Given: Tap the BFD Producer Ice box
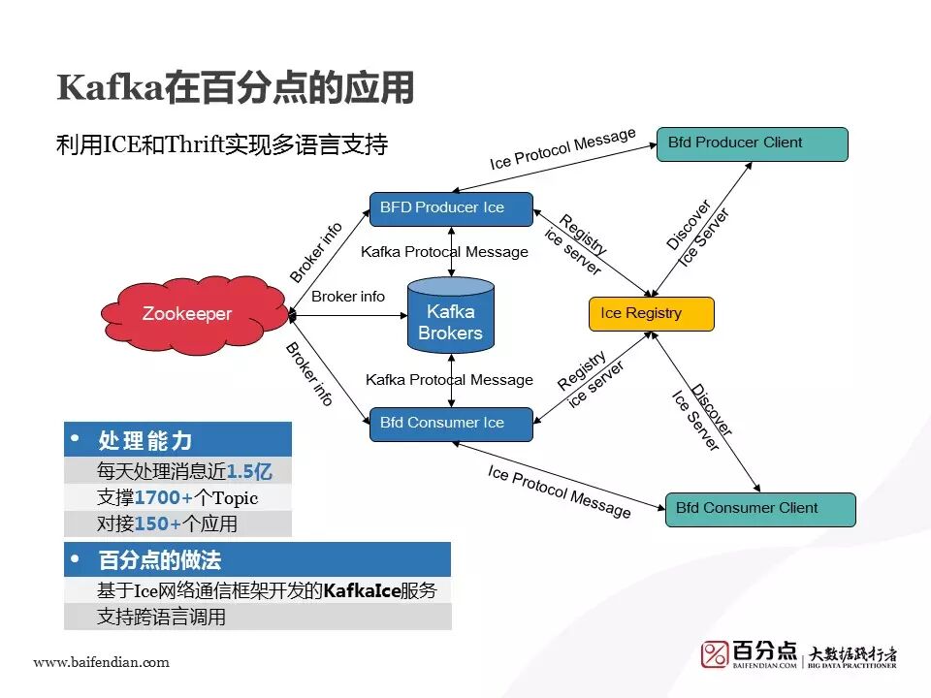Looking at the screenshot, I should pyautogui.click(x=451, y=208).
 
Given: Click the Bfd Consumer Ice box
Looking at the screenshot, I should pyautogui.click(x=451, y=424).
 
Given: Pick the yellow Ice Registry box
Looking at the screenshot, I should pyautogui.click(x=651, y=314).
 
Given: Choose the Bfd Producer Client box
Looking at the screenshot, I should pyautogui.click(x=752, y=143).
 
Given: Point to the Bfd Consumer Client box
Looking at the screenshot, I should pyautogui.click(x=760, y=509).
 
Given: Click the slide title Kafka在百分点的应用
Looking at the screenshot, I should pyautogui.click(x=236, y=88).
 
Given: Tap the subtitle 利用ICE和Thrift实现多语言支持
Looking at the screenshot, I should pyautogui.click(x=222, y=145).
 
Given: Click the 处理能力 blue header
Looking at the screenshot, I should pyautogui.click(x=145, y=441).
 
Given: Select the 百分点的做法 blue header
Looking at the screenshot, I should pyautogui.click(x=160, y=560).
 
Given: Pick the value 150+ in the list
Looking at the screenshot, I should pyautogui.click(x=157, y=524).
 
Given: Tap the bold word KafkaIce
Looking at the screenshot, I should pyautogui.click(x=363, y=590).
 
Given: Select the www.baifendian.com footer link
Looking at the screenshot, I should pyautogui.click(x=101, y=663).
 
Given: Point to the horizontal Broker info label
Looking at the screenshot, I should pyautogui.click(x=348, y=297).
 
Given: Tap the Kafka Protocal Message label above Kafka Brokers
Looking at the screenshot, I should pyautogui.click(x=444, y=252).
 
